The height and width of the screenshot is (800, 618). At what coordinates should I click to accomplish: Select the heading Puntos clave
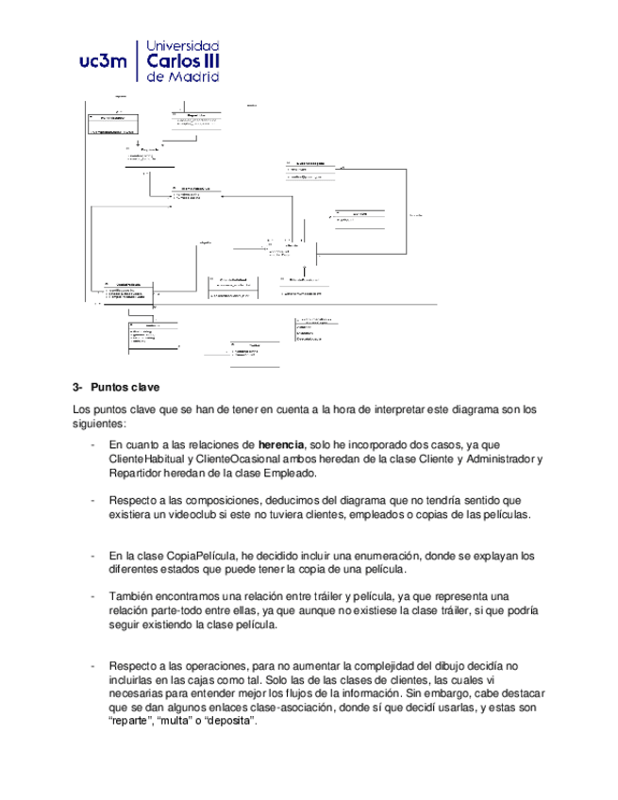coord(125,387)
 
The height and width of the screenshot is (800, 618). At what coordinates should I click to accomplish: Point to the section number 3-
coord(78,387)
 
